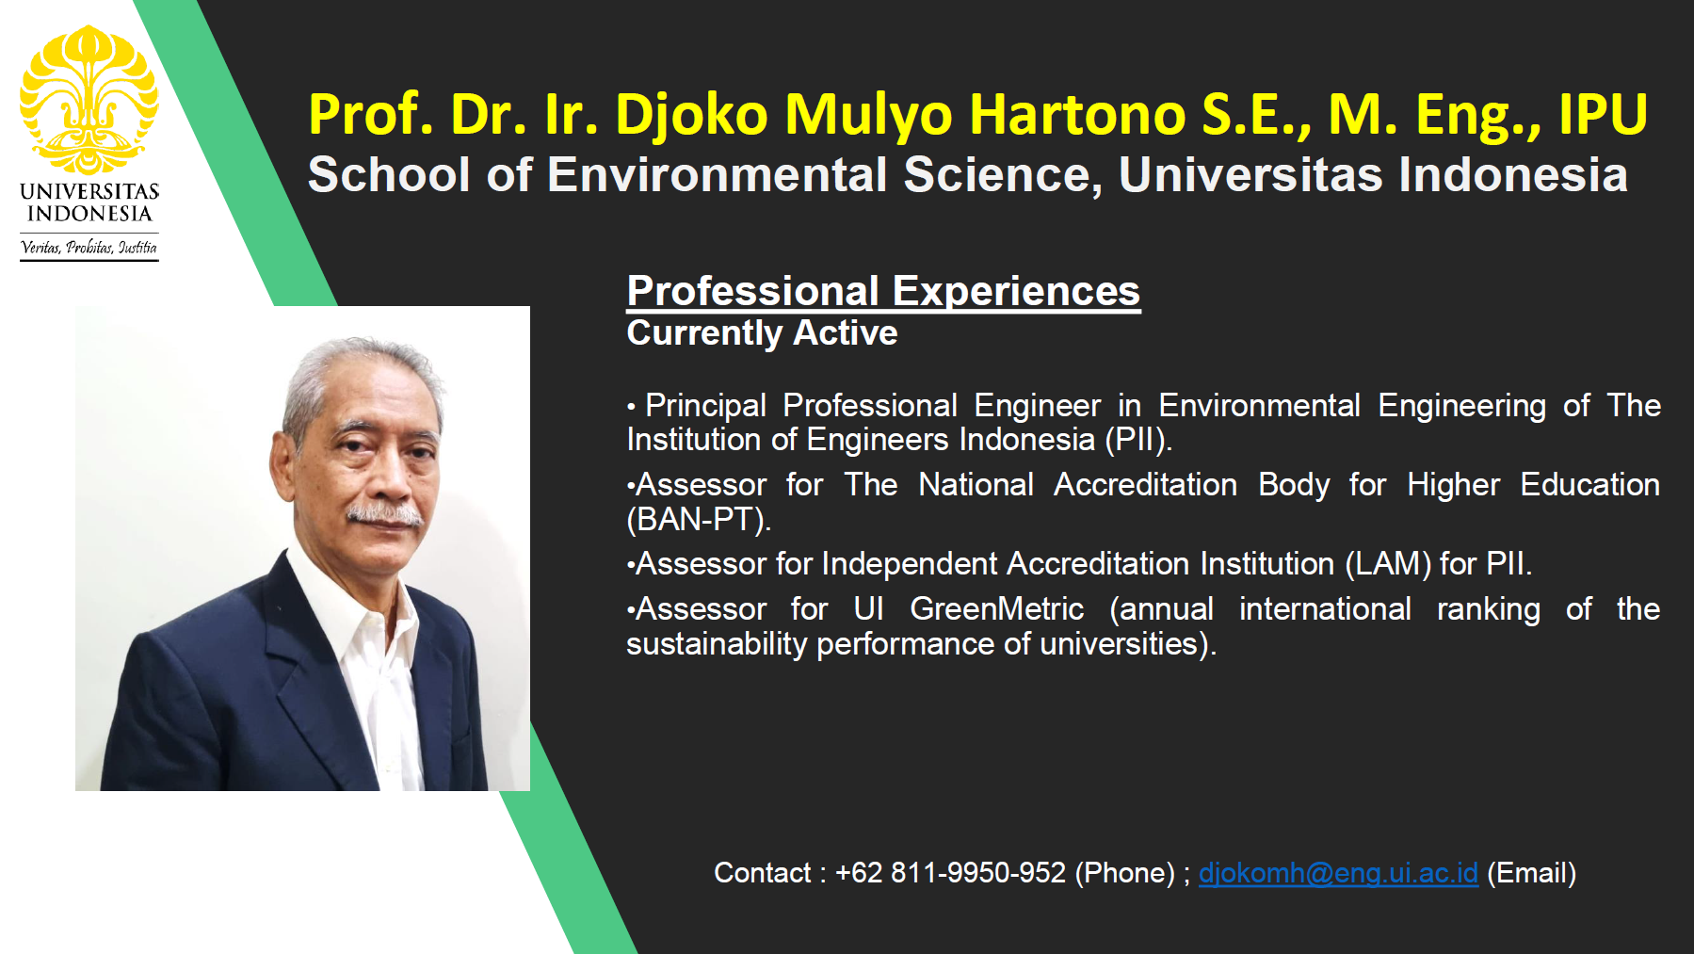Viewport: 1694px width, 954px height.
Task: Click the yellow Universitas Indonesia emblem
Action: point(89,100)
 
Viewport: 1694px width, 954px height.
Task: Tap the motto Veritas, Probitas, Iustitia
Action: point(89,248)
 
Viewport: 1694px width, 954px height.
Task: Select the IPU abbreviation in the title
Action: point(1603,114)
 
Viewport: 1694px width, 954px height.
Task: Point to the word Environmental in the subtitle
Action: point(718,175)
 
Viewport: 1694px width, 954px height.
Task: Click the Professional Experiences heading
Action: point(883,291)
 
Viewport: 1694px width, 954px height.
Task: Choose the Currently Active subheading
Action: point(762,332)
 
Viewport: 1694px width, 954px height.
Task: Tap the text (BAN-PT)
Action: point(699,519)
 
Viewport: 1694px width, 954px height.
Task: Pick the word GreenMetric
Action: point(996,609)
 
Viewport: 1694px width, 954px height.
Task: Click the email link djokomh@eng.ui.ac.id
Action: point(1338,874)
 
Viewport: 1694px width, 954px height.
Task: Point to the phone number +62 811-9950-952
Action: point(950,873)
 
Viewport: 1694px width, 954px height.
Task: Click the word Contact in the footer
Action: point(762,873)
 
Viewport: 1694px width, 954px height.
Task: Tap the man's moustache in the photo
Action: point(384,514)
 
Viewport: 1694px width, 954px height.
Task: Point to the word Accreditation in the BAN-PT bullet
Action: point(1145,485)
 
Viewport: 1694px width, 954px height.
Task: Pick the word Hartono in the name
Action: point(1078,114)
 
